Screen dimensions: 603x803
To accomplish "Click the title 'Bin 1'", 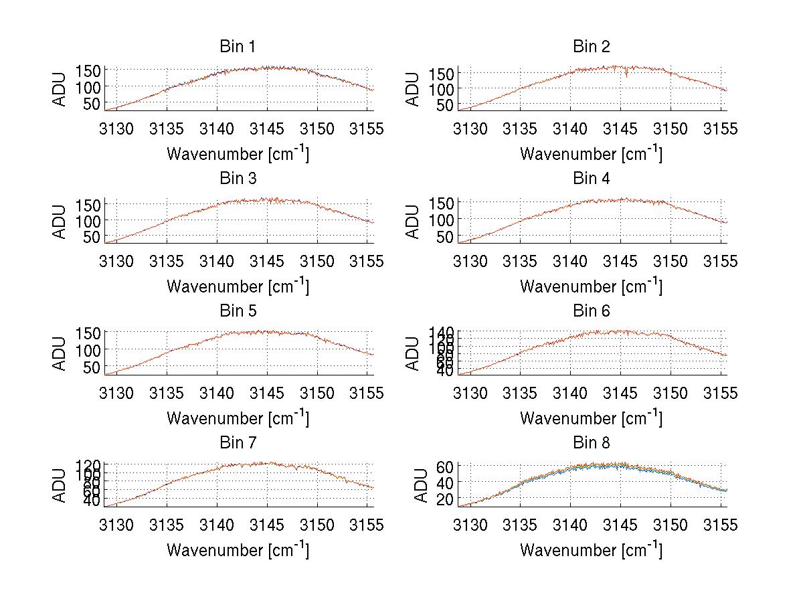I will (x=238, y=47).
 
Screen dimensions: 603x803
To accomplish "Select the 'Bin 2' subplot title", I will (x=592, y=47).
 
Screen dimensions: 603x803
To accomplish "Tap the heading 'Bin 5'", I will (x=238, y=311).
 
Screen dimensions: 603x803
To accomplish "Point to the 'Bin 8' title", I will (x=592, y=443).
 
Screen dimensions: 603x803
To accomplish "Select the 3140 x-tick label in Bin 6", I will (x=571, y=393).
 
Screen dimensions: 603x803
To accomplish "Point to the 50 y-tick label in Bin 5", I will (x=92, y=367).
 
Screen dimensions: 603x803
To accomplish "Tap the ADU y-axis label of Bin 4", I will (x=414, y=222).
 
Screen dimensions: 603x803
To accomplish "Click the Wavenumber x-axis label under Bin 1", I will (x=238, y=153).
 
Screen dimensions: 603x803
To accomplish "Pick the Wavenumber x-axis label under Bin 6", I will (x=592, y=418).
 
